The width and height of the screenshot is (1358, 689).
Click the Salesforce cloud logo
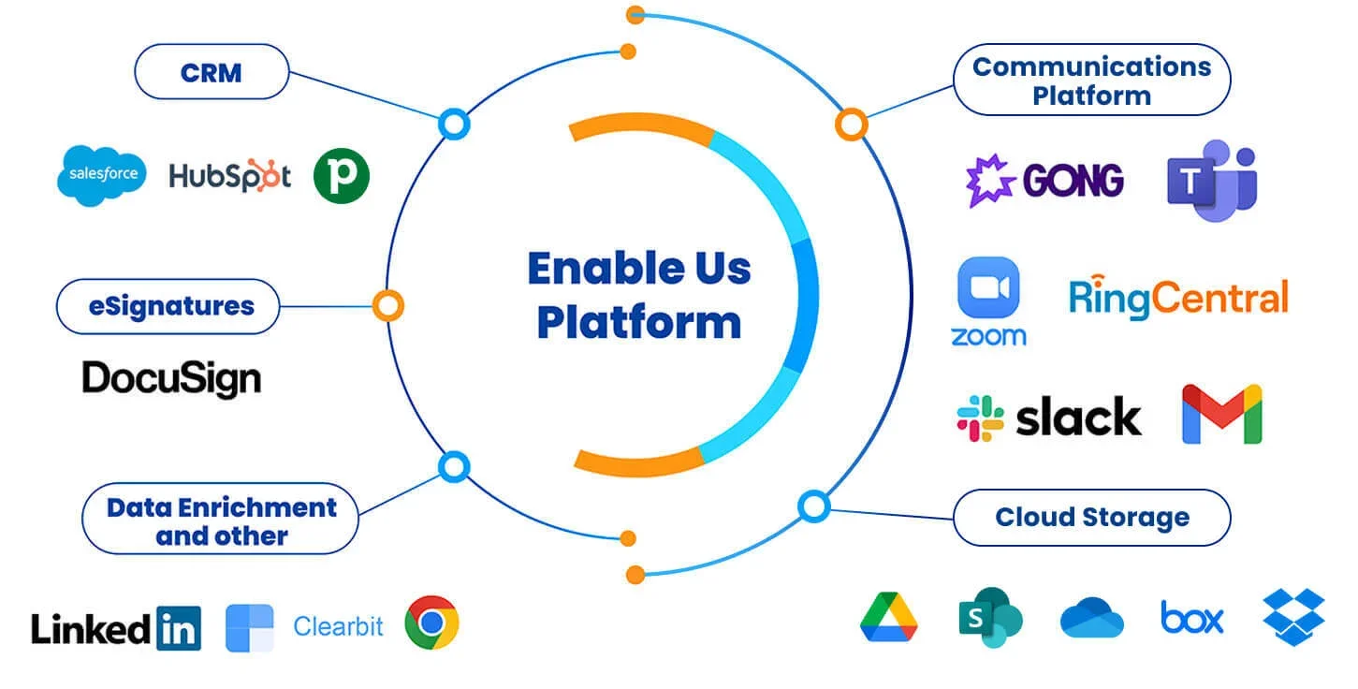(x=101, y=175)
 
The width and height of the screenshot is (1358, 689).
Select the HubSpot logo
(x=230, y=176)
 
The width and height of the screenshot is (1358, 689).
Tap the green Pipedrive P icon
(x=342, y=175)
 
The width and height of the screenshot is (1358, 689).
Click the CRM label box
(x=212, y=72)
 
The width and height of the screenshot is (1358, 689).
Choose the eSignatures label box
(x=168, y=306)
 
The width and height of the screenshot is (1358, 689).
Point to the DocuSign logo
(x=171, y=379)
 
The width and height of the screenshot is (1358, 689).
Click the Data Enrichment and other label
(x=221, y=521)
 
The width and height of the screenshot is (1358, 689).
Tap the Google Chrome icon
(x=431, y=623)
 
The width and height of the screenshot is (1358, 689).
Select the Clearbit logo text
(x=338, y=626)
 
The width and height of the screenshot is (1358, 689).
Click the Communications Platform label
(x=1091, y=81)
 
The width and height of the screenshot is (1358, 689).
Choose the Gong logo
(x=1044, y=180)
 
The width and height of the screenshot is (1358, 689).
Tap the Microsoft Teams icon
(x=1212, y=181)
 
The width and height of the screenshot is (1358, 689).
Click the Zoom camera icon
(x=988, y=288)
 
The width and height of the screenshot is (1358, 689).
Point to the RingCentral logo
(x=1178, y=299)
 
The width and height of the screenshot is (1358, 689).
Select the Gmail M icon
(x=1221, y=414)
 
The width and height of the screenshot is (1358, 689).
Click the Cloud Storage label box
(x=1091, y=518)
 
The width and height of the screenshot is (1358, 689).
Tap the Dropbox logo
(x=1293, y=617)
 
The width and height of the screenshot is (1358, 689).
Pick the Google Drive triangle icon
(x=888, y=618)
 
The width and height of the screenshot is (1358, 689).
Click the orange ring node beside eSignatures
(x=387, y=305)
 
